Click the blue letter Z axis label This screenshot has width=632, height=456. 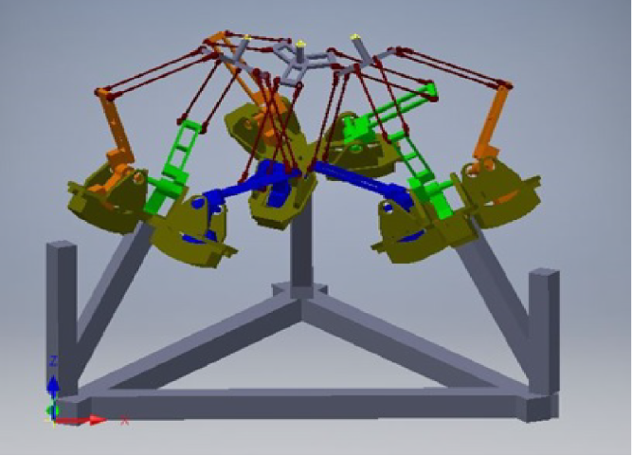(x=54, y=361)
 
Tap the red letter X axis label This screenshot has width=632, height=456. (x=124, y=420)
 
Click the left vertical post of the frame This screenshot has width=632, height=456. (x=62, y=313)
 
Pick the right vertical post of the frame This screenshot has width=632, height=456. (x=544, y=327)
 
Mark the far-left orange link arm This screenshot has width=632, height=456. (x=117, y=133)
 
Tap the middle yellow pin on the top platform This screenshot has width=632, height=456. (x=300, y=43)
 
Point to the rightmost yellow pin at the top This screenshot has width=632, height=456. (x=356, y=37)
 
